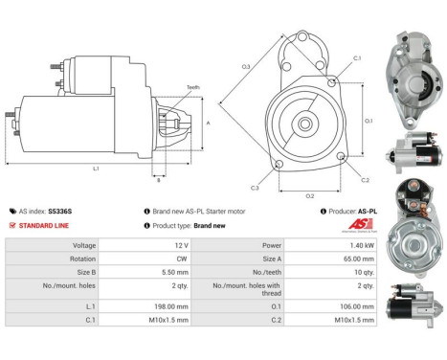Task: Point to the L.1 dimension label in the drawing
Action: click(96, 169)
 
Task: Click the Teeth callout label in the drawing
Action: click(192, 86)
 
